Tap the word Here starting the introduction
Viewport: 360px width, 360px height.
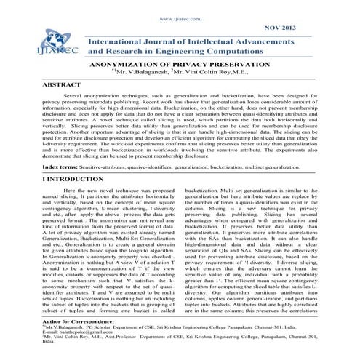click(73, 190)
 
